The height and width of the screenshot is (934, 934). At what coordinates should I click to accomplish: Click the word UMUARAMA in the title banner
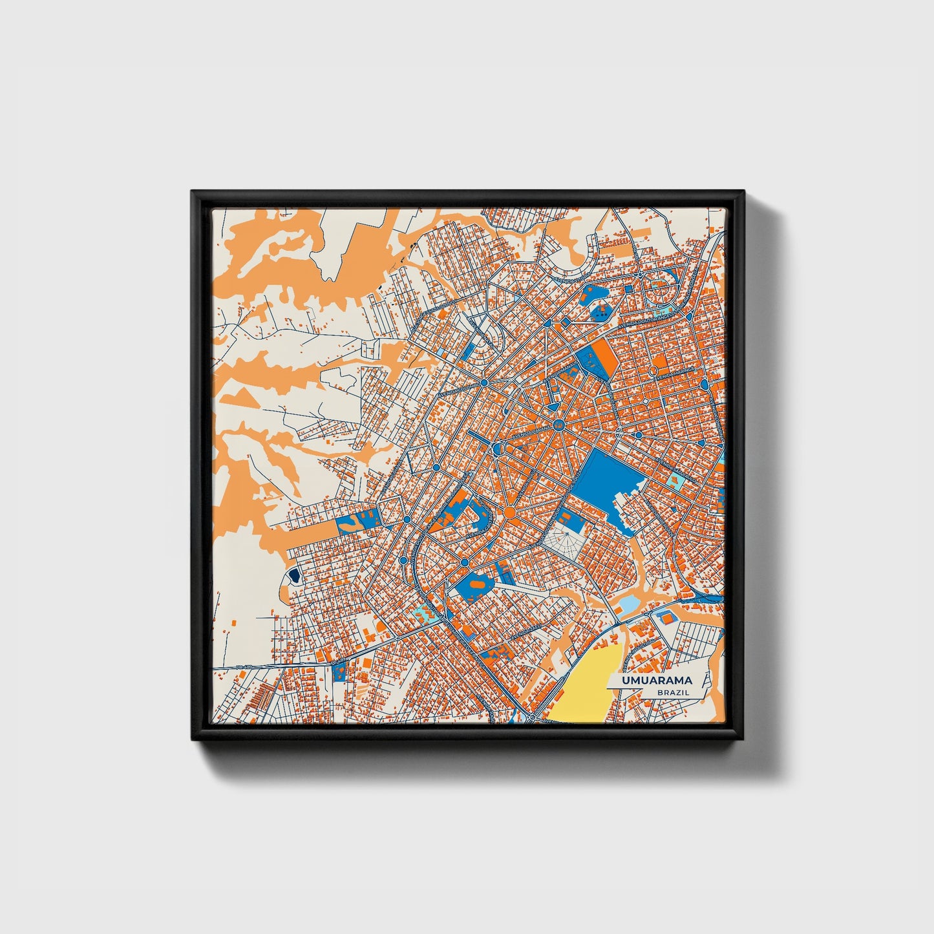(657, 681)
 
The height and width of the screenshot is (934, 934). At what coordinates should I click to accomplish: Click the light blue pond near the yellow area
(627, 605)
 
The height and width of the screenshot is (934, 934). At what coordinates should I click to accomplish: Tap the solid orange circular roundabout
(509, 513)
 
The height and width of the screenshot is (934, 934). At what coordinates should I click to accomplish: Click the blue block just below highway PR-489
(339, 672)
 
